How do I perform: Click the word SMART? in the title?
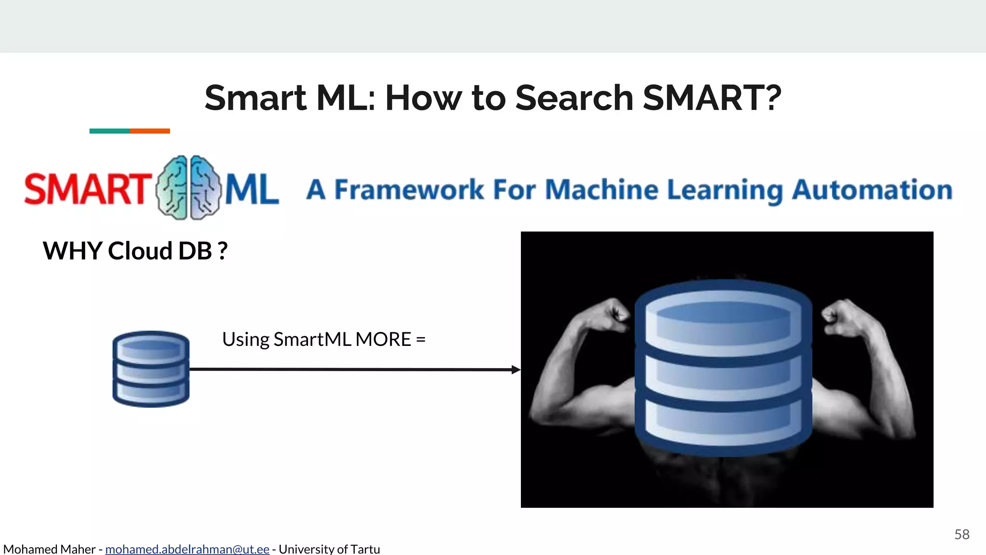[712, 98]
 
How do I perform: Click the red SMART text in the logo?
[87, 189]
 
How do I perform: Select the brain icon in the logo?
[188, 188]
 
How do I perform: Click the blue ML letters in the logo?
[252, 190]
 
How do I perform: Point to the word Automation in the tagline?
[872, 190]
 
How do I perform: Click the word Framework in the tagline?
[409, 190]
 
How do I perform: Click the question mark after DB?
[222, 251]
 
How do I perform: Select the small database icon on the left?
[151, 369]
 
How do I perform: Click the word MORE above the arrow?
[383, 340]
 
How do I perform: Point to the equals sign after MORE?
[421, 340]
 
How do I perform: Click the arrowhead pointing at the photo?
[516, 370]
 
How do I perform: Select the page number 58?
[961, 534]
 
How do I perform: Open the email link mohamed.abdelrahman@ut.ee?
[187, 549]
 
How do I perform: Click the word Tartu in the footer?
[365, 549]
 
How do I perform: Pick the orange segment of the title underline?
[150, 131]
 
